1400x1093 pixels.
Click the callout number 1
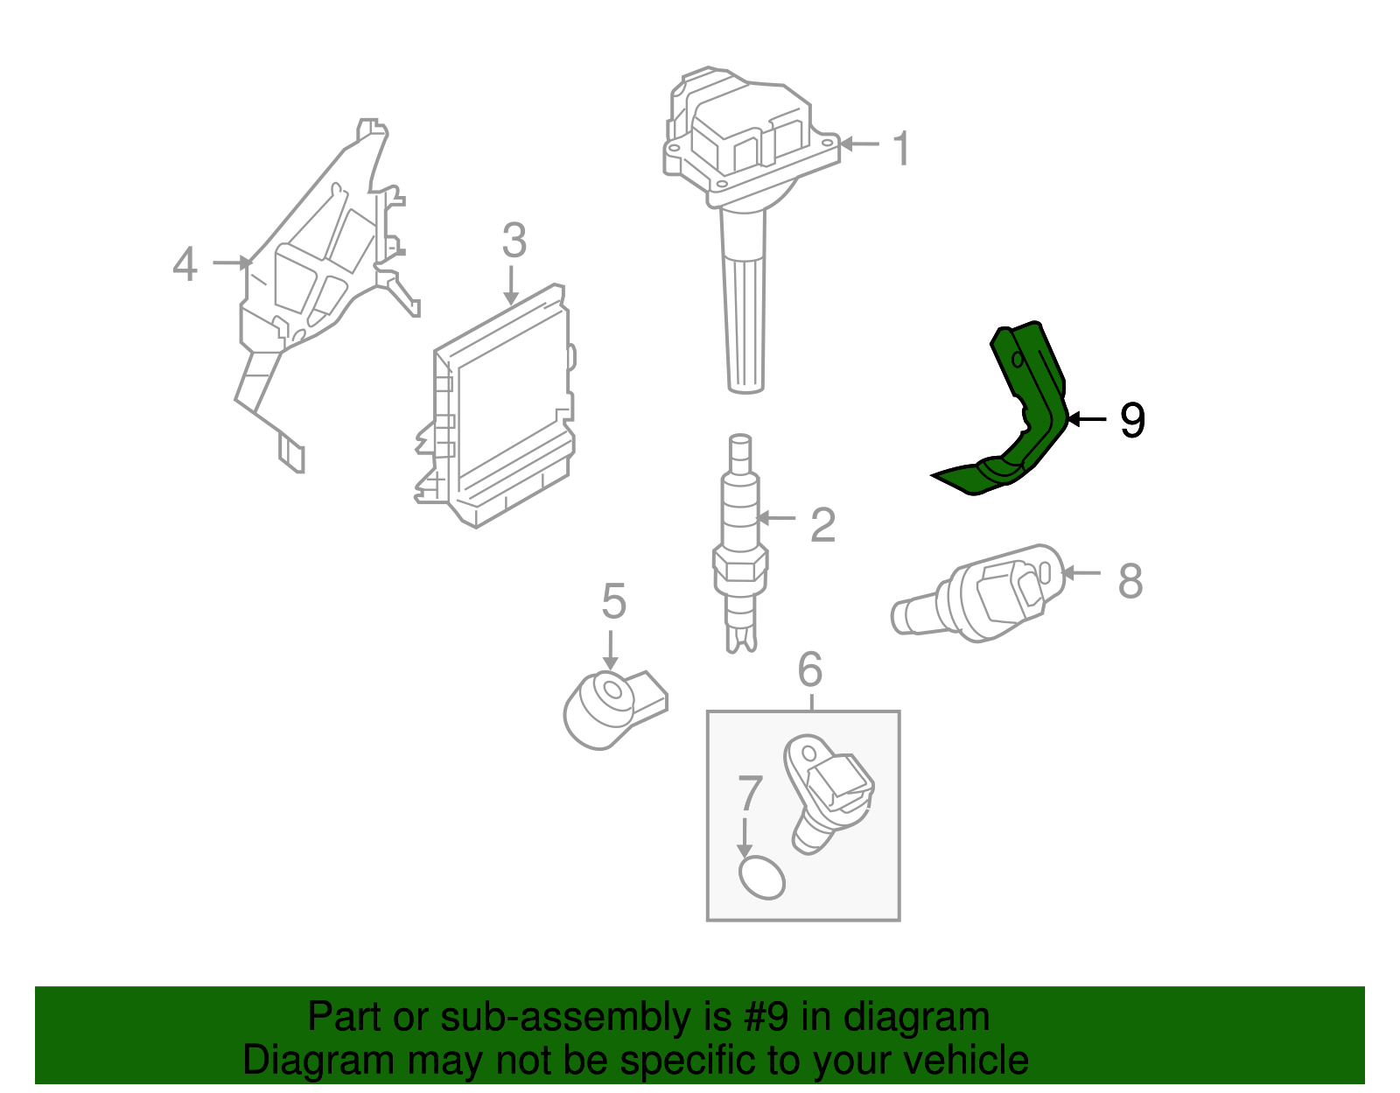902,149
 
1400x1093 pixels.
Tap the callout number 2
822,525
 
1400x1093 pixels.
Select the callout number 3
514,241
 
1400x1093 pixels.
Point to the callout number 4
185,264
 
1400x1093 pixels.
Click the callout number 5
613,602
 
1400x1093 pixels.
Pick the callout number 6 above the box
810,669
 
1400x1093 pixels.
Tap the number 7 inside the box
750,794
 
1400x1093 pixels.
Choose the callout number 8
1130,581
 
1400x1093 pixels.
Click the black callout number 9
1132,421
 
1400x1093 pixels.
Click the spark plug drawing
740,543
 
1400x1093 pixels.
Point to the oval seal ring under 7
761,878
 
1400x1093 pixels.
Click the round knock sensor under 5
604,709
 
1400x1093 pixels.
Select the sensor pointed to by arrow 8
989,595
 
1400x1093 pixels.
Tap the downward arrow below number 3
512,285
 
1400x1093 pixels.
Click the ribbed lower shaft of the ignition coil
745,324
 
